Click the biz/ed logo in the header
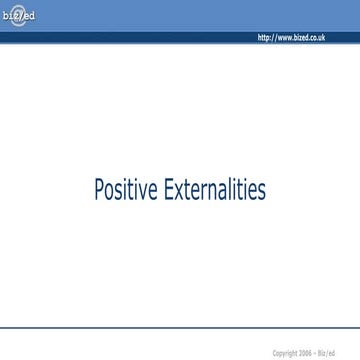19,16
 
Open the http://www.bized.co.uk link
291,38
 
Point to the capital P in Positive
99,190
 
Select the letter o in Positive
110,192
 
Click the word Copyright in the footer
284,353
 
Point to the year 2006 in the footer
305,353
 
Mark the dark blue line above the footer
180,328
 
